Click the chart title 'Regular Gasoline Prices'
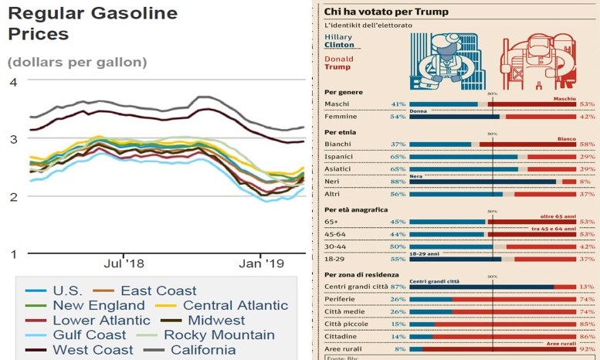coord(92,23)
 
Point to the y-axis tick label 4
coord(12,83)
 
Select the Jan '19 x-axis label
coord(263,263)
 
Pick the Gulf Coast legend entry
coord(90,335)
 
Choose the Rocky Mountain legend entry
coord(219,335)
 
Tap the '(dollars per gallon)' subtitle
coord(76,61)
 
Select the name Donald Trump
coord(337,61)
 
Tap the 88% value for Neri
coord(398,181)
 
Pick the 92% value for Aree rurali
coord(588,348)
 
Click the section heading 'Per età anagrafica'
coord(355,209)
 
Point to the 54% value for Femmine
coord(398,117)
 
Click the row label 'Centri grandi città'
coord(355,287)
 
